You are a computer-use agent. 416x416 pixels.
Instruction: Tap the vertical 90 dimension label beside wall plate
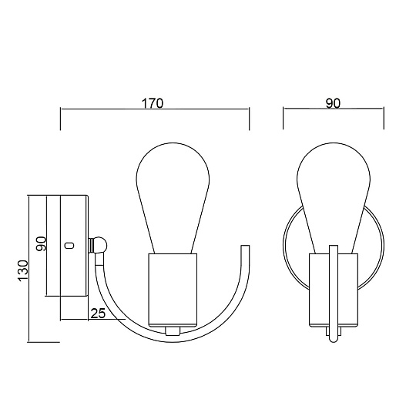[x=42, y=243]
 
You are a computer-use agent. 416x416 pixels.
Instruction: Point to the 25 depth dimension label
[x=98, y=313]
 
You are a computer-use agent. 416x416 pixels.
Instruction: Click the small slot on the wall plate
[x=69, y=246]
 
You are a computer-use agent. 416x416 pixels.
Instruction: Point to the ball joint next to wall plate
[x=99, y=245]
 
